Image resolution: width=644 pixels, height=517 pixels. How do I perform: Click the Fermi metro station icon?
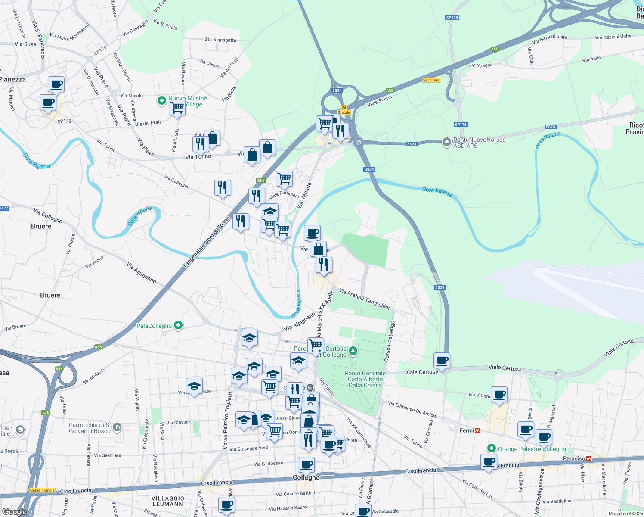tap(477, 430)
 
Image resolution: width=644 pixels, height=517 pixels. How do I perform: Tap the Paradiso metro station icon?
tap(588, 458)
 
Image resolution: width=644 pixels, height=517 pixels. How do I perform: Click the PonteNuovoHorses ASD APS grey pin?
tap(446, 141)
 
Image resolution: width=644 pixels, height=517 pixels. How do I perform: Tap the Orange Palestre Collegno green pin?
tap(491, 448)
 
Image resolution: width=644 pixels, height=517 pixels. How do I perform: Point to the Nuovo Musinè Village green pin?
tap(162, 101)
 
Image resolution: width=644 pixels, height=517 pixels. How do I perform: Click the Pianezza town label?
tap(13, 79)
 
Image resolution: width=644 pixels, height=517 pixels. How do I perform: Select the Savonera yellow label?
tap(431, 80)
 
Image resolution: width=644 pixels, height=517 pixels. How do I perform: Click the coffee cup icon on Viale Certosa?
tap(442, 360)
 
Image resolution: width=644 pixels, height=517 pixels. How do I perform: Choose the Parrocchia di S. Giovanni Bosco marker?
tap(118, 427)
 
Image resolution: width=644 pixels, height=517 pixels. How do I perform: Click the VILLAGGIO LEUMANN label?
tap(168, 501)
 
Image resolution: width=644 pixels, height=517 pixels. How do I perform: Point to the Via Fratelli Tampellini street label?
tap(364, 299)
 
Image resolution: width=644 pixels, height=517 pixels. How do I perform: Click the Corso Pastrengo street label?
tap(389, 341)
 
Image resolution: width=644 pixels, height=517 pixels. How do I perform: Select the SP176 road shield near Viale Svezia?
tap(461, 125)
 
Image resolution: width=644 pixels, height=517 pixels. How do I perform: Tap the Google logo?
tap(14, 511)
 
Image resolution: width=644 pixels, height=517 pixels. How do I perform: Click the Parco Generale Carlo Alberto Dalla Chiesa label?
tap(365, 379)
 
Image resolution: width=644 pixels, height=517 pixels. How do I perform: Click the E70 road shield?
tap(46, 412)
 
